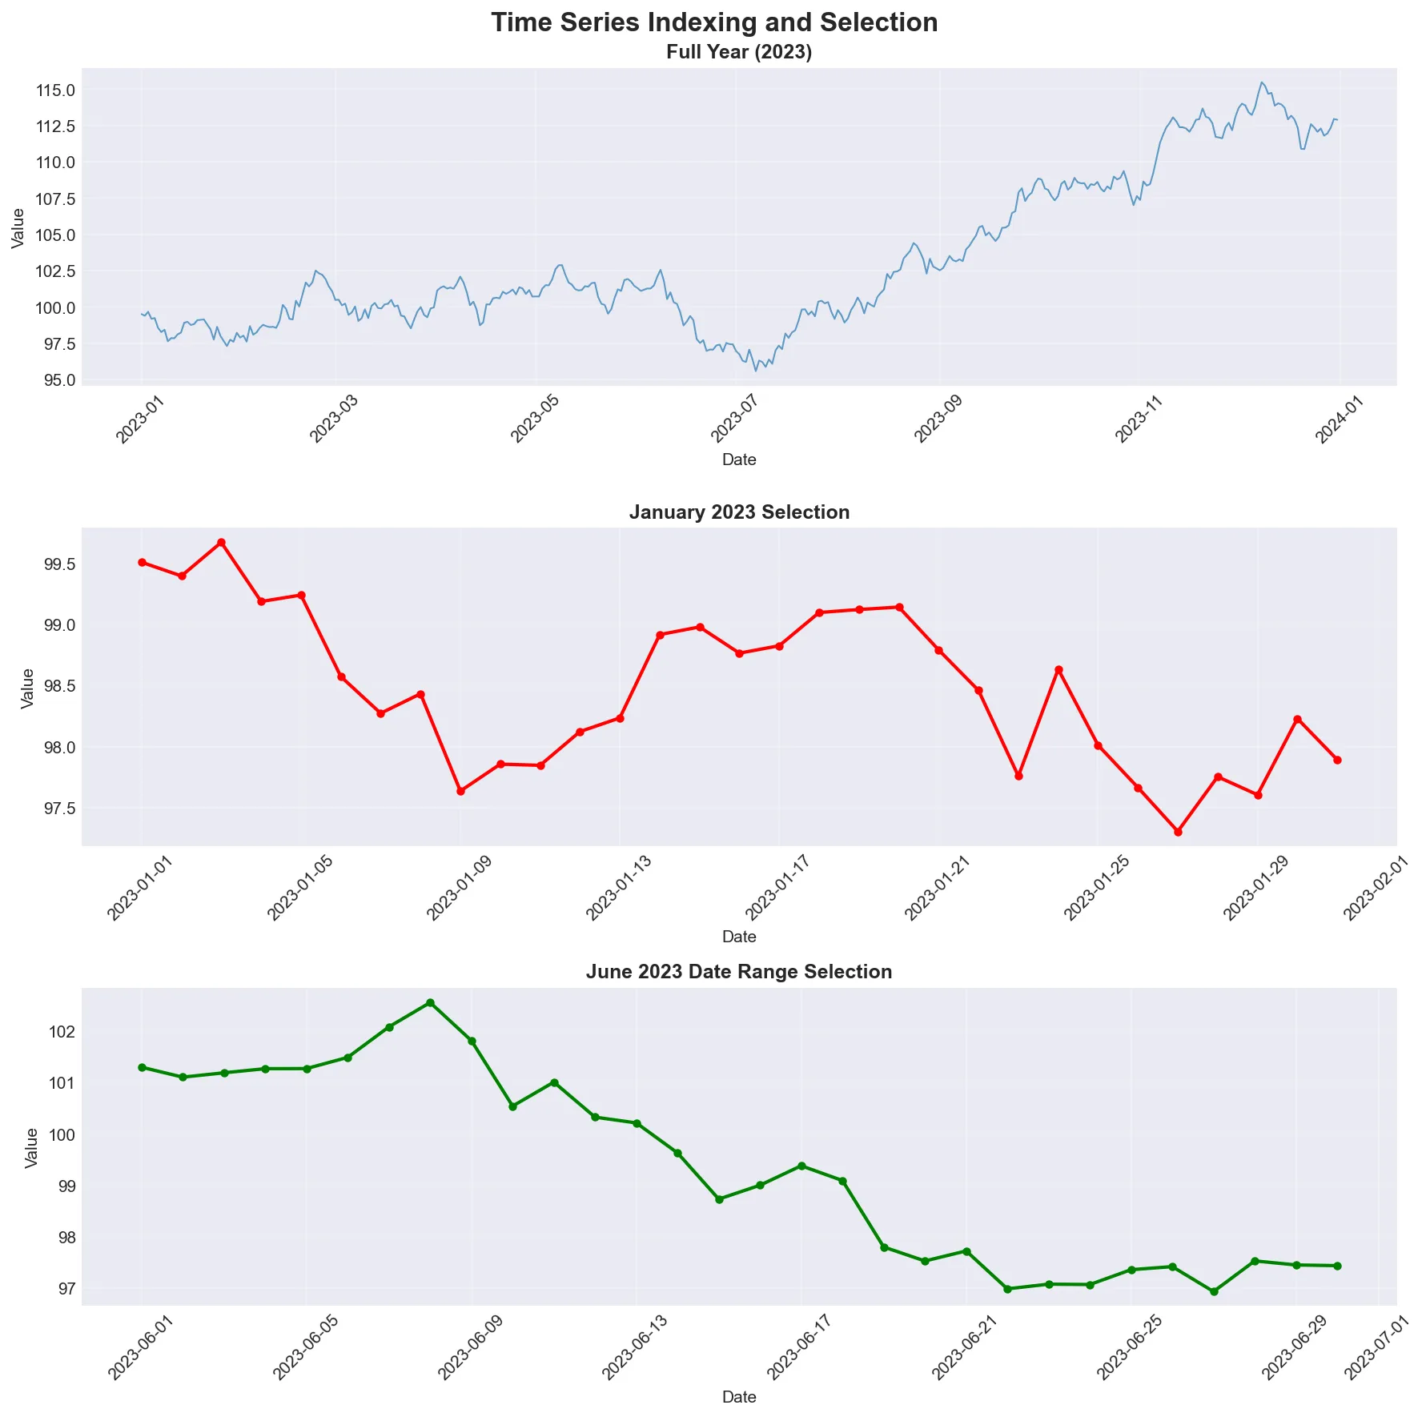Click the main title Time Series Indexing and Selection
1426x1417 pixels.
click(x=714, y=22)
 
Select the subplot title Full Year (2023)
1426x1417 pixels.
click(x=739, y=53)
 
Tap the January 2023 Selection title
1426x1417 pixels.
click(x=739, y=512)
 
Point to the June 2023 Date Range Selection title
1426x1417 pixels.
click(x=739, y=972)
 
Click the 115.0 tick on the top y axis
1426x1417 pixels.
click(x=56, y=90)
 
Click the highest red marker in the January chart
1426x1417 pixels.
click(x=222, y=543)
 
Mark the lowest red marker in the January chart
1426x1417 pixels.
click(x=1178, y=832)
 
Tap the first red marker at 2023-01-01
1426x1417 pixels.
click(x=142, y=562)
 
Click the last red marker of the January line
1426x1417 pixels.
click(x=1337, y=760)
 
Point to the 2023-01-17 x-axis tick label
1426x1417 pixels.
click(x=777, y=888)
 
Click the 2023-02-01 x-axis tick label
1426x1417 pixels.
click(x=1375, y=888)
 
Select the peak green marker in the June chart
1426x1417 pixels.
click(x=430, y=1002)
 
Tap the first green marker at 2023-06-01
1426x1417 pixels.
click(x=142, y=1067)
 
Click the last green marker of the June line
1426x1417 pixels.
click(x=1337, y=1266)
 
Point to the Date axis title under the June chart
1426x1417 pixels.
click(x=739, y=1397)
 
